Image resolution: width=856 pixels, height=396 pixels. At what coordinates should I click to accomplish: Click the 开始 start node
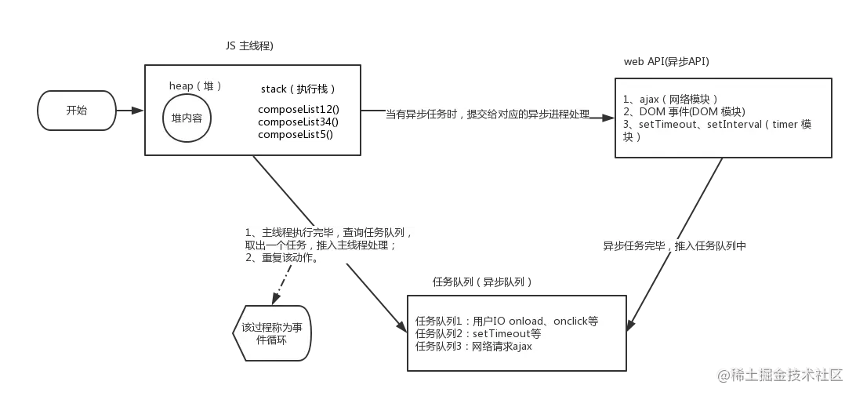[x=76, y=110]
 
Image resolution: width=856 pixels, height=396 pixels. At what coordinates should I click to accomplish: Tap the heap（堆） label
[x=196, y=85]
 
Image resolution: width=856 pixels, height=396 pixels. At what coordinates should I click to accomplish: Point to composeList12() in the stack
[x=298, y=109]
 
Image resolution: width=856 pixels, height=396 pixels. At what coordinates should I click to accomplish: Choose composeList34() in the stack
[x=298, y=122]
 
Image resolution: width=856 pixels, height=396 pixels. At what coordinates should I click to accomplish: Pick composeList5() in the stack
[x=296, y=134]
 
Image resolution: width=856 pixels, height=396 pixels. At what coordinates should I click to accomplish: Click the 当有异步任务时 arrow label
[x=486, y=115]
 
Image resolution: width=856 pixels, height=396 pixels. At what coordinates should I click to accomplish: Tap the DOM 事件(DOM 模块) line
[x=684, y=112]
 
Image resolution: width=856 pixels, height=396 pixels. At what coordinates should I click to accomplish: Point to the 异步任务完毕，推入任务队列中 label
[x=674, y=246]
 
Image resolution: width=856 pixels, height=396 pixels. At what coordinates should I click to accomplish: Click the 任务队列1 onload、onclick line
[x=507, y=322]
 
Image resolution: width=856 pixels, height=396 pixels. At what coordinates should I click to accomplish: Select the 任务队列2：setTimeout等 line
[x=478, y=334]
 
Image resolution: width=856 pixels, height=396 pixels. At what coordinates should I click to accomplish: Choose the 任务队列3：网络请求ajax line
[x=473, y=346]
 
